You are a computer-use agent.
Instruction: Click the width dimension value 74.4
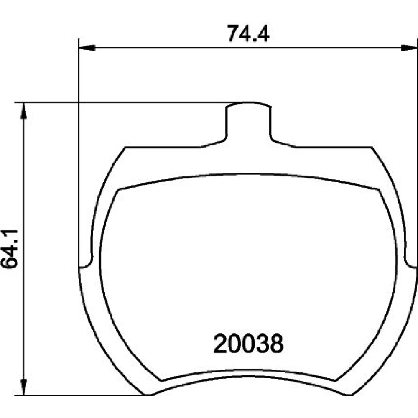coord(248,33)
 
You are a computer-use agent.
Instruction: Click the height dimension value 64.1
coord(9,248)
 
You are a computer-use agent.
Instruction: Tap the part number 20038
coord(248,343)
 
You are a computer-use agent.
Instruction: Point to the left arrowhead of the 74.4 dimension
coord(87,48)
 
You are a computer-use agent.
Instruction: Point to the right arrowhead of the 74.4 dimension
coord(410,48)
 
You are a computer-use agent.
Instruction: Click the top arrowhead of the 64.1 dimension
coord(24,111)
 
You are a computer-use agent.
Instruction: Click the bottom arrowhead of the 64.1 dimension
coord(24,387)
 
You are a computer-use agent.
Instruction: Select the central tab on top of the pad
coord(248,121)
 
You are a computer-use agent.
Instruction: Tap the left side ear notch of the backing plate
coord(86,263)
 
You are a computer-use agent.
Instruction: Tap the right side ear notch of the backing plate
coord(410,263)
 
